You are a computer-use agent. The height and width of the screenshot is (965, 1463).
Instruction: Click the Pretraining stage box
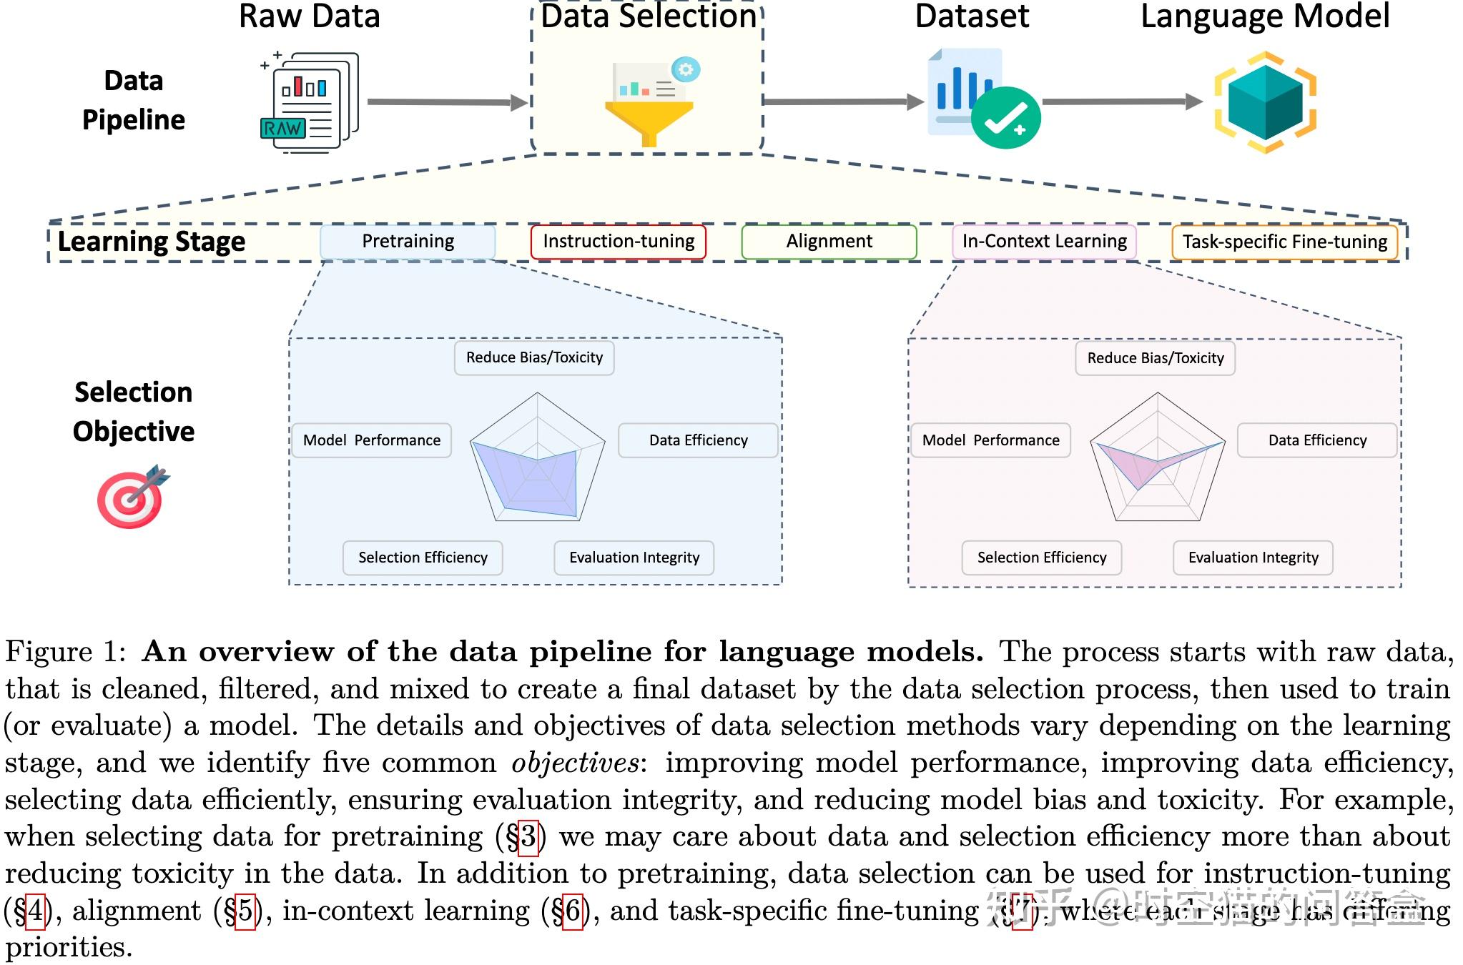pyautogui.click(x=408, y=242)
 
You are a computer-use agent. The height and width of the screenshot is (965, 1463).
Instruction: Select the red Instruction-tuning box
pyautogui.click(x=618, y=242)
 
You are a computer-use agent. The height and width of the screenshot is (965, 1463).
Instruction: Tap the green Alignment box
pyautogui.click(x=829, y=242)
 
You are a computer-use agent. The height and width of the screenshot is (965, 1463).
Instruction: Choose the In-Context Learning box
pyautogui.click(x=1043, y=242)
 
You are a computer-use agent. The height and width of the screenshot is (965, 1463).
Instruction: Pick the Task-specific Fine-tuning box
pyautogui.click(x=1284, y=242)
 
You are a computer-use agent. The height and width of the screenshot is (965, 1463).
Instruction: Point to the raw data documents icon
pyautogui.click(x=309, y=102)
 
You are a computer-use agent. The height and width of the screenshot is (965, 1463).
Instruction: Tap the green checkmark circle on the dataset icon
pyautogui.click(x=1005, y=118)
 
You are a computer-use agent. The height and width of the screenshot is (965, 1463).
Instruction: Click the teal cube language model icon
pyautogui.click(x=1265, y=102)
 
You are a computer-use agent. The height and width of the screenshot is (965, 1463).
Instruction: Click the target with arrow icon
pyautogui.click(x=132, y=497)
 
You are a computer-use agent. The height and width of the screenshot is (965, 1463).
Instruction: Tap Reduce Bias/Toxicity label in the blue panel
pyautogui.click(x=534, y=357)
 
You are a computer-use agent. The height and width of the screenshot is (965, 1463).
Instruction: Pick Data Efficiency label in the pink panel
pyautogui.click(x=1317, y=440)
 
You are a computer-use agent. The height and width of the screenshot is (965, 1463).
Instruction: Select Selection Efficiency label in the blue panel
pyautogui.click(x=423, y=558)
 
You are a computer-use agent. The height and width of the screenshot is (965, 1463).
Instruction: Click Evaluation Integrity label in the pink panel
pyautogui.click(x=1253, y=558)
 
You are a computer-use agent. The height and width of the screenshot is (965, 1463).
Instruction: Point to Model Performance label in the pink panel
pyautogui.click(x=990, y=440)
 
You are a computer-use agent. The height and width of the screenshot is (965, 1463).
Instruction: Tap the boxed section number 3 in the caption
pyautogui.click(x=528, y=836)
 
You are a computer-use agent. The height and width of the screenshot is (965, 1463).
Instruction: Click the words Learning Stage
pyautogui.click(x=151, y=242)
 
